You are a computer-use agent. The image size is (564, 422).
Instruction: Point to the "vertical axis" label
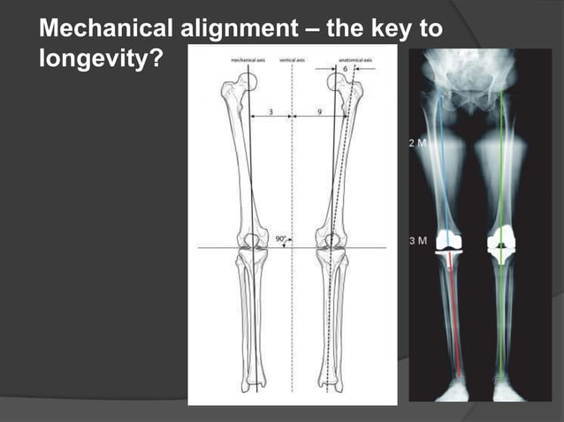pyautogui.click(x=293, y=61)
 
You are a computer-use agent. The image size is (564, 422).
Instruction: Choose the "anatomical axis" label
pyautogui.click(x=354, y=61)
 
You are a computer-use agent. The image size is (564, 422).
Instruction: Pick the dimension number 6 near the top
pyautogui.click(x=345, y=69)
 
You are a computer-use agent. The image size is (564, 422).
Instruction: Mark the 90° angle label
pyautogui.click(x=280, y=239)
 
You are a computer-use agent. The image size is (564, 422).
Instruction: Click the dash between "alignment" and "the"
pyautogui.click(x=309, y=30)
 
